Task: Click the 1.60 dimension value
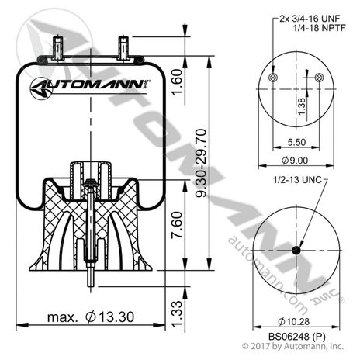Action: (178, 81)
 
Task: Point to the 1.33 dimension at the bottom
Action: (178, 316)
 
